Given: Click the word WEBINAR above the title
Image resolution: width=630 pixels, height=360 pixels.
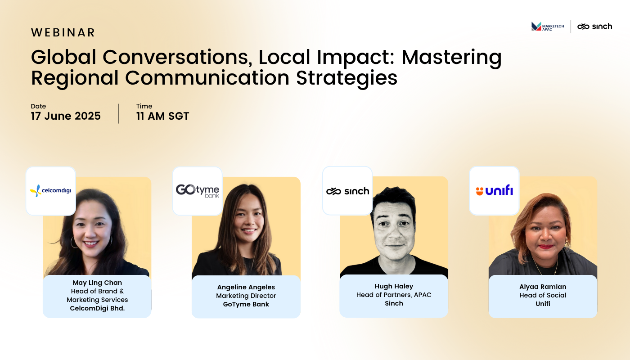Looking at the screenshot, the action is coord(63,32).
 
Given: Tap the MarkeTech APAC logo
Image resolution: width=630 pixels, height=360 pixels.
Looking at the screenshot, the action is coord(548,27).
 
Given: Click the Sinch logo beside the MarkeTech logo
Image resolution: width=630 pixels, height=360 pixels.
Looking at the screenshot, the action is coord(594,27).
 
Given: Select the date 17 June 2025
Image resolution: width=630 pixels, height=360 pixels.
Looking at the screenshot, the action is coord(66,116).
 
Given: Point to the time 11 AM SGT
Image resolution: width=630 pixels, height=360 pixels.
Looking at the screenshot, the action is coord(162,116).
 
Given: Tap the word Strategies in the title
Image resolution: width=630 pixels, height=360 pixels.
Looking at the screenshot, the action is coord(347,79).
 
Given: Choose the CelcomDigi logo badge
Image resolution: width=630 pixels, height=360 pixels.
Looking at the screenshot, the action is coord(50,191).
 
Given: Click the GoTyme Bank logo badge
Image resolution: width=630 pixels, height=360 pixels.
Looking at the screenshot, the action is coord(198,191).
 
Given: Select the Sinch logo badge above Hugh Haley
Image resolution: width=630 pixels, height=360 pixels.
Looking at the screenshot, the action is coord(347,191).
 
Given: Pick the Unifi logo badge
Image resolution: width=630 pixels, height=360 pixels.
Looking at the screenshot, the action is coord(494,191).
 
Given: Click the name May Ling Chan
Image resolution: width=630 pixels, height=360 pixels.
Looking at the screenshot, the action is coord(97,283).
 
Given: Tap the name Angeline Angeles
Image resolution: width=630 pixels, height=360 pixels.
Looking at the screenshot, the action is coord(246,287).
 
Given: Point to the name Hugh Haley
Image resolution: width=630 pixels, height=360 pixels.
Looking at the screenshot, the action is coord(394,286).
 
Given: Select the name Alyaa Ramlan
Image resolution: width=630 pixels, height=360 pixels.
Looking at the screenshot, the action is coord(543,287).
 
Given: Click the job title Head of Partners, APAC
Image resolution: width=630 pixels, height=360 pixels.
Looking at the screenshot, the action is coord(394,295).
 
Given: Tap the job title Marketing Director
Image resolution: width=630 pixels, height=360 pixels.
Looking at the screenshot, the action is coord(246,296).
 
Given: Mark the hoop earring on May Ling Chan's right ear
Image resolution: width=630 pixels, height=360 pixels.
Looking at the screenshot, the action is coord(74,242).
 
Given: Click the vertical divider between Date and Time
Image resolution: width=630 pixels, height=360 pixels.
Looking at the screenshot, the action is coord(119,113).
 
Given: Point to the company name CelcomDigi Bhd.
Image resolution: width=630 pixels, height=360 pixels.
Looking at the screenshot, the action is coord(97,308).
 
